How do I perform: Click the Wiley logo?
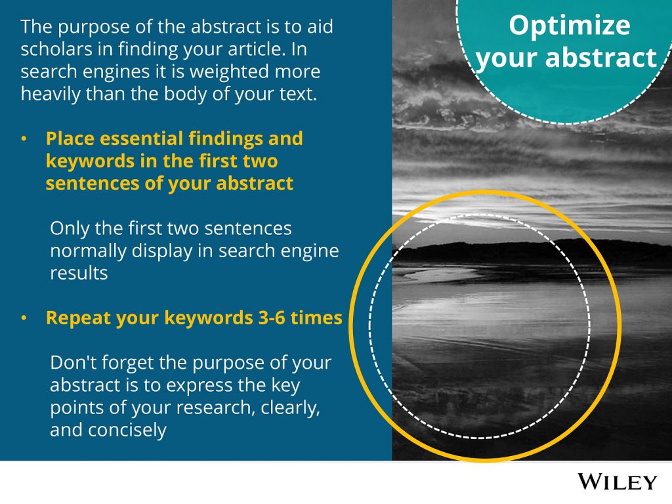617,482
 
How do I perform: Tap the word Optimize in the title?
570,26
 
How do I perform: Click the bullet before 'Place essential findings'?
24,139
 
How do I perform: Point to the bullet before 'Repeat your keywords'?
24,318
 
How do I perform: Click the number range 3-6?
272,318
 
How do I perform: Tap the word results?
79,273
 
